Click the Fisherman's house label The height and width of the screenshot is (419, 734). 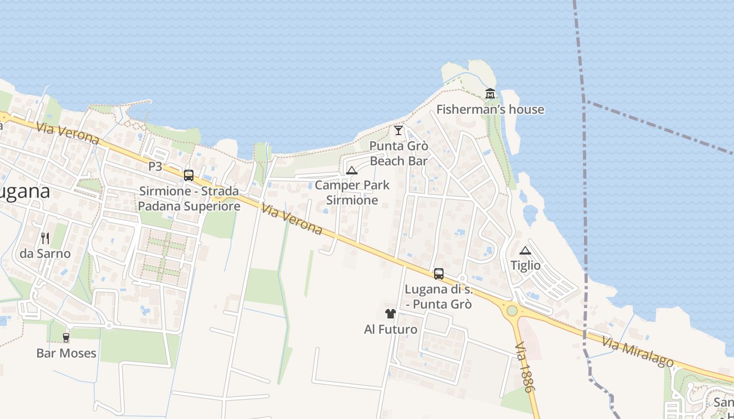(x=490, y=109)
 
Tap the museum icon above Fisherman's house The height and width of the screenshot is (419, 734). (x=490, y=94)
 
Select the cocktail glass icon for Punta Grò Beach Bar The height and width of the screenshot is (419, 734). (x=398, y=130)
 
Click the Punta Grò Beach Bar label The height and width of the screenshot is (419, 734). (x=398, y=153)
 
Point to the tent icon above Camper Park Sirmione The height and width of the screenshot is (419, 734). (x=352, y=170)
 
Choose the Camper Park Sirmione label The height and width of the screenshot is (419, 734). (x=352, y=192)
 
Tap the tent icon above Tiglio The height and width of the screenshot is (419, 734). (x=525, y=250)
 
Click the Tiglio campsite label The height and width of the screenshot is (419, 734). (x=525, y=266)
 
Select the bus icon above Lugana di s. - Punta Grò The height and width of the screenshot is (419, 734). (x=439, y=273)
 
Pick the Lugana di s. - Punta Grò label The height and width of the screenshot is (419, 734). (x=439, y=296)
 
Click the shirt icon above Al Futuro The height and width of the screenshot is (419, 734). (x=391, y=314)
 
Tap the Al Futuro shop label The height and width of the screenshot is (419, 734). (x=391, y=329)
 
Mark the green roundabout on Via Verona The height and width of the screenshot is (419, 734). (x=512, y=311)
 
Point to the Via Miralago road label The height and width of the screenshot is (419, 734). (x=637, y=352)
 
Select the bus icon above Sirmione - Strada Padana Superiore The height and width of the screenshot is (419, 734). (x=189, y=175)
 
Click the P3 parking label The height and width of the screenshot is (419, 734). (x=155, y=167)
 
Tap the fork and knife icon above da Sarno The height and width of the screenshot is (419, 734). (x=45, y=238)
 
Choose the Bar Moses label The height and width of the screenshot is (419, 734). (x=66, y=353)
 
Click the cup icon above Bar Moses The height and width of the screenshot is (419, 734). (x=66, y=338)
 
